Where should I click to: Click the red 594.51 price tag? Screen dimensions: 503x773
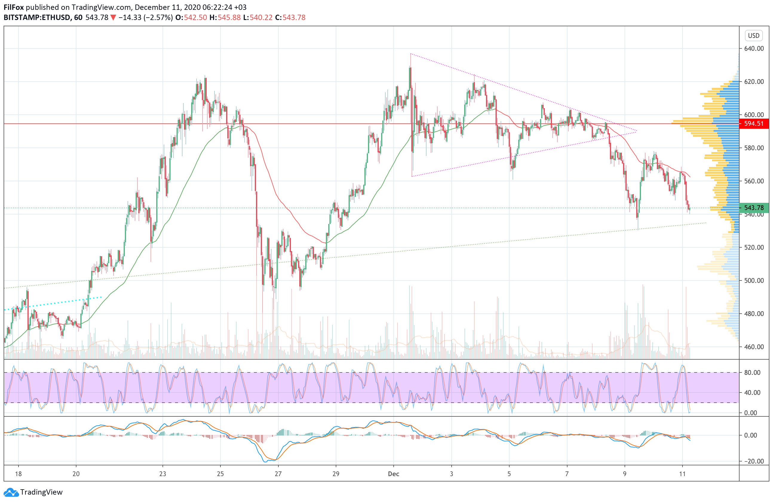click(x=754, y=123)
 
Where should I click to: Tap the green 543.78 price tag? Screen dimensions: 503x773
click(x=754, y=208)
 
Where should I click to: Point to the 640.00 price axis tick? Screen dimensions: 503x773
click(x=754, y=48)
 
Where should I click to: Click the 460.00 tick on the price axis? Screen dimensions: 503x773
click(x=754, y=347)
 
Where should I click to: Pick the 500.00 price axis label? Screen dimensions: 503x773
click(x=754, y=280)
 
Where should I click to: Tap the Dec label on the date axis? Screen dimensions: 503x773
click(x=393, y=474)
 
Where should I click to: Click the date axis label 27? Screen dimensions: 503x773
click(x=278, y=474)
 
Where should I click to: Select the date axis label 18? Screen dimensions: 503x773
click(x=18, y=474)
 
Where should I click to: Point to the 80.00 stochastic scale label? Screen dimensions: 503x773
click(x=752, y=372)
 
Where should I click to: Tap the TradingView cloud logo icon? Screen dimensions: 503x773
click(x=11, y=492)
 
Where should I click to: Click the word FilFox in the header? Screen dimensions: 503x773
click(x=14, y=7)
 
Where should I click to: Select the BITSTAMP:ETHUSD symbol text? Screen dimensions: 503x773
click(x=37, y=18)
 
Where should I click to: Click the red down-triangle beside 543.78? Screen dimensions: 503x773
click(x=113, y=18)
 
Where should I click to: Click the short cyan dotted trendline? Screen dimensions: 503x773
click(x=52, y=303)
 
